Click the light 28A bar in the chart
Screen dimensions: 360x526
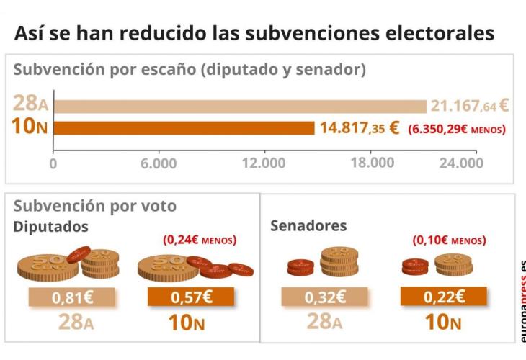[x=240, y=107]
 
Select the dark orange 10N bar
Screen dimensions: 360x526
[x=184, y=128]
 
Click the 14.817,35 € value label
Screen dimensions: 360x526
[x=360, y=128]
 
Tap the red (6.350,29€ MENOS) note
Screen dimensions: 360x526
[x=456, y=130]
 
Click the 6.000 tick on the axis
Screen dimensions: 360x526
[x=159, y=163]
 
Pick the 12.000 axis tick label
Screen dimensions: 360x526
[x=264, y=163]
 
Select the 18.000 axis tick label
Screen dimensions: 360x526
[x=372, y=163]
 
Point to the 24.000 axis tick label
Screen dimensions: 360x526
[x=461, y=163]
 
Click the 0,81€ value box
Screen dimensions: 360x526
[x=71, y=297]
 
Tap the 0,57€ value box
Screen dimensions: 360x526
[x=190, y=297]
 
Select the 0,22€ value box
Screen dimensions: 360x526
[x=443, y=297]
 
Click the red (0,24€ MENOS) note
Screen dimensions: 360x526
[x=200, y=240]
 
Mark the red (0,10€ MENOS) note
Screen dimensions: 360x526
[x=449, y=240]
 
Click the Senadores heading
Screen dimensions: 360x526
[x=308, y=225]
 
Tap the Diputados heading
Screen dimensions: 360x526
[x=51, y=227]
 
